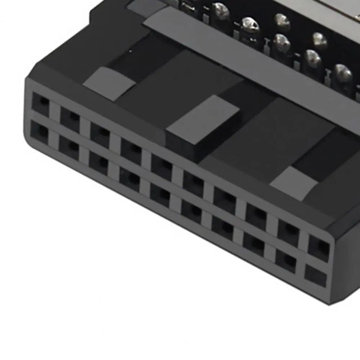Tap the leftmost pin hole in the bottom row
click(39, 130)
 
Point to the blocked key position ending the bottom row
click(315, 276)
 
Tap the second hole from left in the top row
click(71, 117)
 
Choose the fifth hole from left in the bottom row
click(160, 193)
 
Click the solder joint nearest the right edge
click(343, 75)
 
